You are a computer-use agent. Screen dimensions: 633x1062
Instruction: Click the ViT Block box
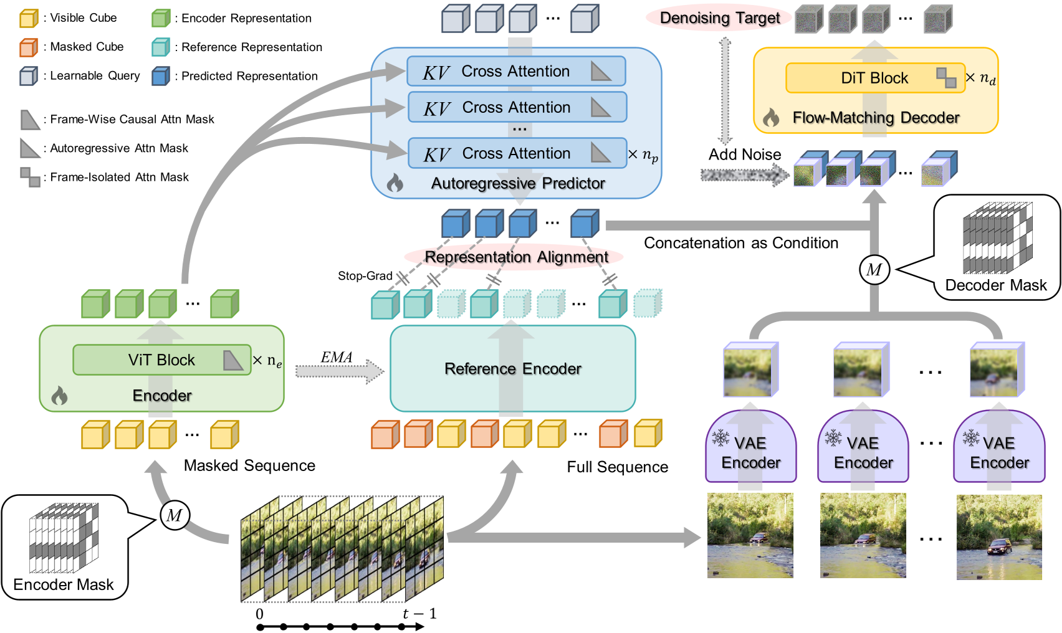161,360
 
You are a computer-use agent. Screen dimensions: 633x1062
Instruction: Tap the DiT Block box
874,78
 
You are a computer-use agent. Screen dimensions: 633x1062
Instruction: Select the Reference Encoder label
512,369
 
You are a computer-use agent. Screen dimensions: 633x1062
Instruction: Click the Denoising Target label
719,18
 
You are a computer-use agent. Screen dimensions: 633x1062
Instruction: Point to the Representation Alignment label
515,257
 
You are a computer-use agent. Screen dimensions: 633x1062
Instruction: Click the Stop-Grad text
365,276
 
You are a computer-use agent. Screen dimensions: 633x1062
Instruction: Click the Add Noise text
744,155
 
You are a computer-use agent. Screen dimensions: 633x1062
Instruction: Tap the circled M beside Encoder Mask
175,515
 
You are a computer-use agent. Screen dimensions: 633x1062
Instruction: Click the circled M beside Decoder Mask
874,270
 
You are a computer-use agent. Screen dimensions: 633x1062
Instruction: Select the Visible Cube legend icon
29,18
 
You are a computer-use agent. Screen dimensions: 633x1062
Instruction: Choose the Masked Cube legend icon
29,47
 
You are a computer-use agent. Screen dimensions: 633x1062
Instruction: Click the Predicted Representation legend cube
161,76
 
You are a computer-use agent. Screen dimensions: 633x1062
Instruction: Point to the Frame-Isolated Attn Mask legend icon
30,177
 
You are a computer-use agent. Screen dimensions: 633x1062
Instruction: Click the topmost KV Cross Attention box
515,72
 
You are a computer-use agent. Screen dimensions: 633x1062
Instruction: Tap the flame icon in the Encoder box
59,396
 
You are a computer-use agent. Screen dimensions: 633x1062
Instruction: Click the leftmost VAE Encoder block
750,449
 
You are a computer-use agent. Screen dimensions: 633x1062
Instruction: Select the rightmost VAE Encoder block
999,449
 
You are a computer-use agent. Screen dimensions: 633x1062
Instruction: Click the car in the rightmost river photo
999,547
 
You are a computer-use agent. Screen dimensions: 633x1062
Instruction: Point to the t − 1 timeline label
419,614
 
